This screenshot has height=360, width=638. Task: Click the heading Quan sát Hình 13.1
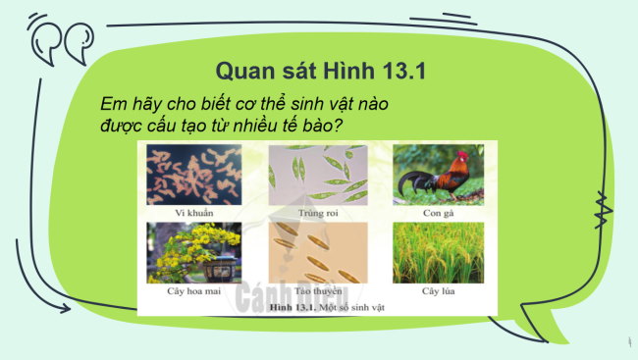[318, 71]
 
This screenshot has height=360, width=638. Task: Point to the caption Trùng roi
[317, 213]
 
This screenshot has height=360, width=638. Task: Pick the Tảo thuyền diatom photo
[317, 253]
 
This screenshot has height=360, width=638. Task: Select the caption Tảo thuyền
[317, 291]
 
